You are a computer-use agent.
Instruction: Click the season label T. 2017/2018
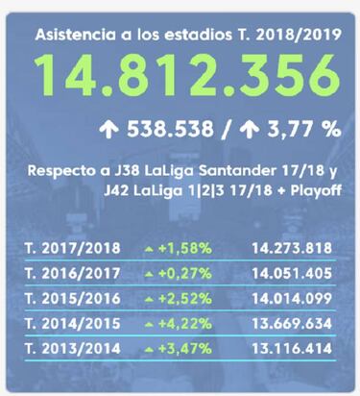pyautogui.click(x=66, y=248)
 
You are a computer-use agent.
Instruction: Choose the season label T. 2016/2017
pyautogui.click(x=66, y=275)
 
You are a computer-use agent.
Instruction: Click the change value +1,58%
pyautogui.click(x=186, y=248)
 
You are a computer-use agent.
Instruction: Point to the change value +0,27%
pyautogui.click(x=186, y=275)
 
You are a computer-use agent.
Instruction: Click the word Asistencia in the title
pyautogui.click(x=72, y=35)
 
